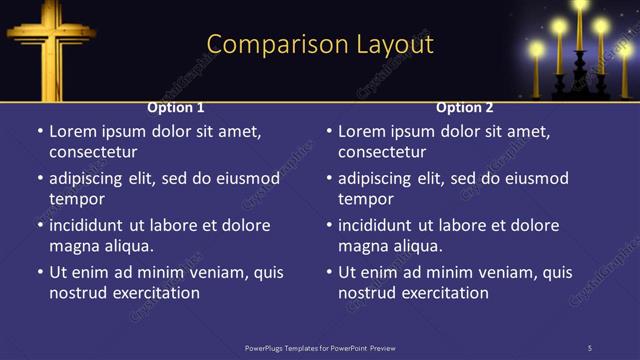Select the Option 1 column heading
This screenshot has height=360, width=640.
[x=176, y=107]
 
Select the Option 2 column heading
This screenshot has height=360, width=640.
[x=465, y=107]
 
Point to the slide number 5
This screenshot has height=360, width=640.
[x=589, y=347]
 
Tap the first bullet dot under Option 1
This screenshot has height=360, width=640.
[x=39, y=131]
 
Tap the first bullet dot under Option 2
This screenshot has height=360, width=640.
[x=328, y=131]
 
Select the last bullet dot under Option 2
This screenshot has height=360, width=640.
[x=328, y=272]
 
